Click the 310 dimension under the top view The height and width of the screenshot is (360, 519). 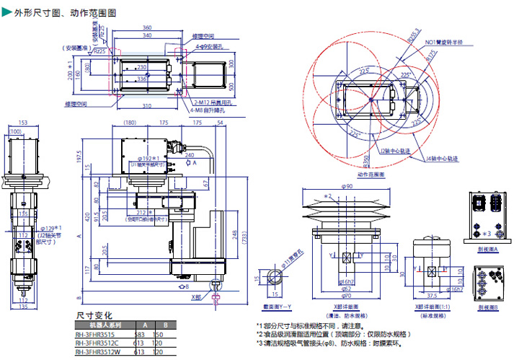pos(146,105)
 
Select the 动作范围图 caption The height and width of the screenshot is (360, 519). pos(371,174)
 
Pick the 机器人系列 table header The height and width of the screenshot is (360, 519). pos(97,325)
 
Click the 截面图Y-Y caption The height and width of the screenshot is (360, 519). pos(276,306)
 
